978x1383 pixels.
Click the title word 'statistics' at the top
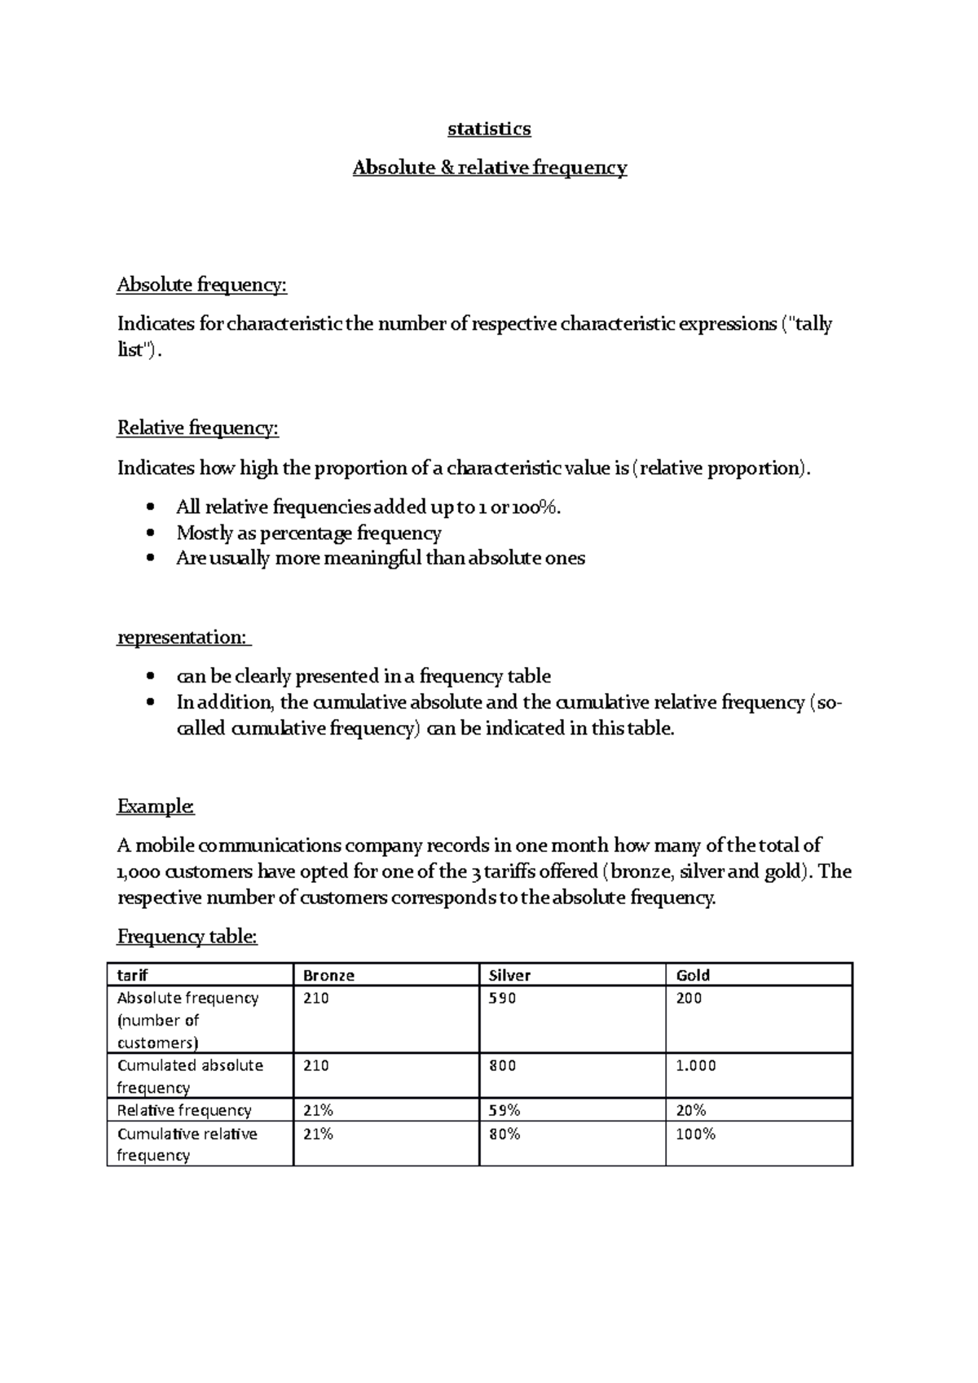(x=489, y=129)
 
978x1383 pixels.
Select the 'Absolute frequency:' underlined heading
(x=202, y=284)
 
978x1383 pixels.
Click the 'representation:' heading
(x=183, y=637)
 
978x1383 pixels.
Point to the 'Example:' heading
(x=156, y=806)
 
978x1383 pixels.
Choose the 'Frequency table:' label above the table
(x=187, y=937)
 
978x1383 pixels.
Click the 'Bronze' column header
(x=328, y=975)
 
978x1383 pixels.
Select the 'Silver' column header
(x=509, y=975)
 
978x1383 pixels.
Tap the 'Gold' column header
(x=693, y=975)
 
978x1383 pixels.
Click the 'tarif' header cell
(x=132, y=975)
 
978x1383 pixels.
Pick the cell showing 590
(x=502, y=998)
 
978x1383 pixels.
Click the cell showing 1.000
(x=696, y=1065)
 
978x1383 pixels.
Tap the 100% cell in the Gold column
(x=695, y=1134)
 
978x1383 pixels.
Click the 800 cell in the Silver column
(x=502, y=1065)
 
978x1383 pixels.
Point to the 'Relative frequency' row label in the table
(x=184, y=1110)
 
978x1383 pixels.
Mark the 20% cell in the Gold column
(x=691, y=1110)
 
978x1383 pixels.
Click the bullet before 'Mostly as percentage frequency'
(x=148, y=533)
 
